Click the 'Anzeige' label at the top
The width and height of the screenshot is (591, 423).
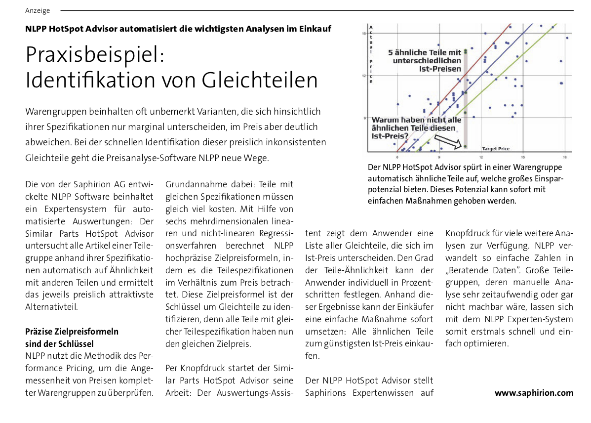click(38, 10)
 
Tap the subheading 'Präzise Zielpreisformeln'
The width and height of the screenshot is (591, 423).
click(72, 332)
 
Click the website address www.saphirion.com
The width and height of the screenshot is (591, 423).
click(534, 393)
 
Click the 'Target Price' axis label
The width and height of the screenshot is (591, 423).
click(495, 148)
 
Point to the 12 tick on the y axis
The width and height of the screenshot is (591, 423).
click(363, 76)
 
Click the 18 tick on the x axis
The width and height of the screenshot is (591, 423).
click(565, 156)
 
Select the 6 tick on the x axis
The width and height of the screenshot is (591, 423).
click(397, 156)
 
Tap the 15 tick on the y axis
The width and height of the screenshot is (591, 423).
click(363, 33)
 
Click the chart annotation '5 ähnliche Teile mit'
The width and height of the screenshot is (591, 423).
click(425, 52)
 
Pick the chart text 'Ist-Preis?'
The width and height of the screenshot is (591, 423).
click(390, 135)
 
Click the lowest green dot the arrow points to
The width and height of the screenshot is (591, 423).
click(465, 146)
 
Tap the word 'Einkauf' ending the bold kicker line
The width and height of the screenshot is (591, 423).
click(315, 29)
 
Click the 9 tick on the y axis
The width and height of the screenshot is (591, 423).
click(363, 118)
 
